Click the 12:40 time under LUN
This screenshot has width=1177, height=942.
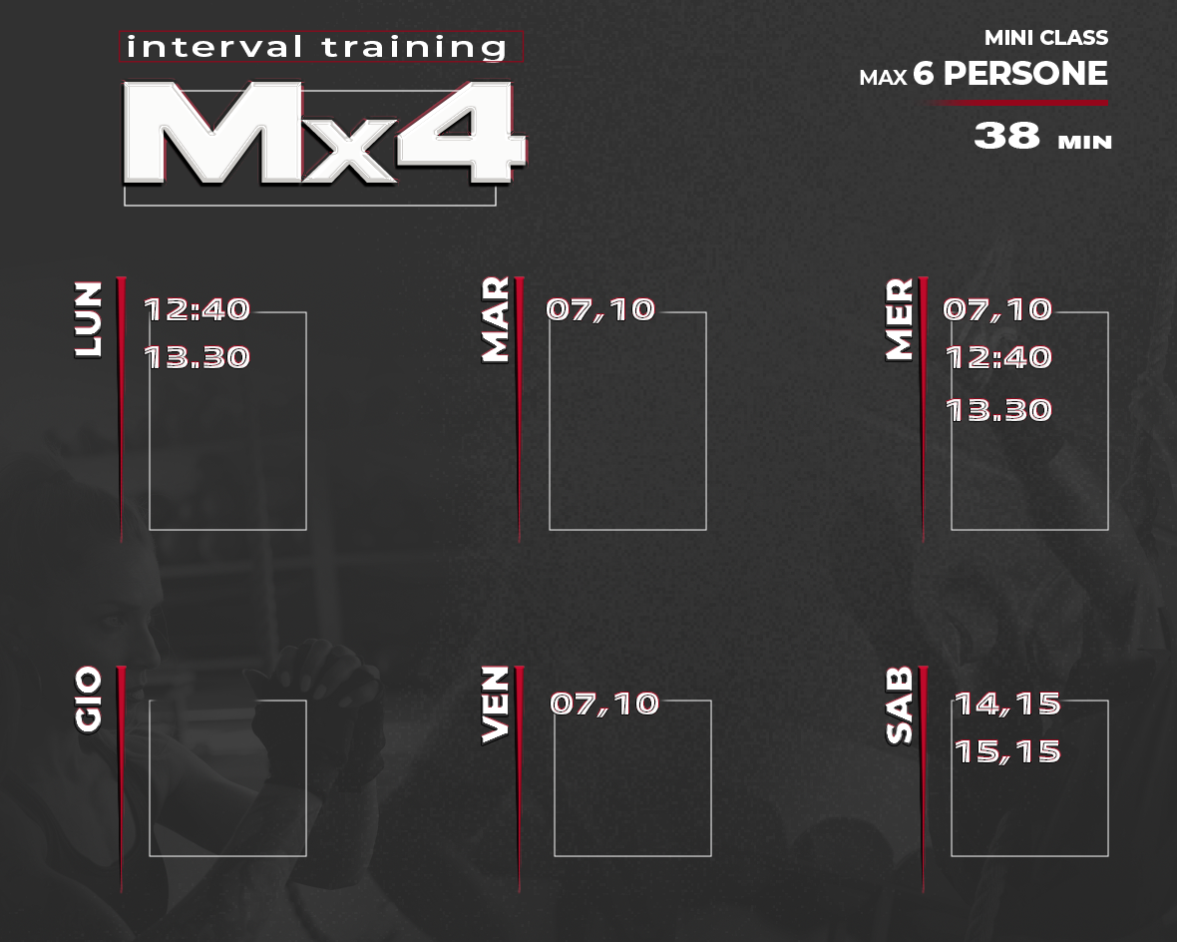pyautogui.click(x=196, y=309)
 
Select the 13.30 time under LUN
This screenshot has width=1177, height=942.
pyautogui.click(x=196, y=357)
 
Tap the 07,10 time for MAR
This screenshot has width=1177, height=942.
pyautogui.click(x=600, y=309)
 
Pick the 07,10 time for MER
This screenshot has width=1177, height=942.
pyautogui.click(x=997, y=309)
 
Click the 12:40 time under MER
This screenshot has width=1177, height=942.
pyautogui.click(x=998, y=357)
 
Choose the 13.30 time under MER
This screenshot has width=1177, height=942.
pyautogui.click(x=998, y=410)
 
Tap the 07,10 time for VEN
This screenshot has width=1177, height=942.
pyautogui.click(x=605, y=704)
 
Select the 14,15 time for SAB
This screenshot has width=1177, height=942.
pyautogui.click(x=1007, y=704)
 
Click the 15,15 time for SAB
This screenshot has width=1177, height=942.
pyautogui.click(x=1007, y=752)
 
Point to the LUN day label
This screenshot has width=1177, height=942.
pyautogui.click(x=88, y=320)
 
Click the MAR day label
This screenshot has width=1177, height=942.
pyautogui.click(x=496, y=320)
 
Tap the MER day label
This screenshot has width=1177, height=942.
pyautogui.click(x=900, y=320)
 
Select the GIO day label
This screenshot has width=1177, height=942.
pyautogui.click(x=88, y=700)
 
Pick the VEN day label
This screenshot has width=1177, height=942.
pyautogui.click(x=496, y=706)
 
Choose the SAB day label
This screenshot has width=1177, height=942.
pyautogui.click(x=900, y=706)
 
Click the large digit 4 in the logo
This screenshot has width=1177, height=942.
pyautogui.click(x=461, y=132)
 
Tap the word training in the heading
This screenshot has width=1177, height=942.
pyautogui.click(x=414, y=47)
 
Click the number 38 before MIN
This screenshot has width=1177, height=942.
pyautogui.click(x=1007, y=136)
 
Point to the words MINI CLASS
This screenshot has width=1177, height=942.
pyautogui.click(x=1046, y=38)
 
